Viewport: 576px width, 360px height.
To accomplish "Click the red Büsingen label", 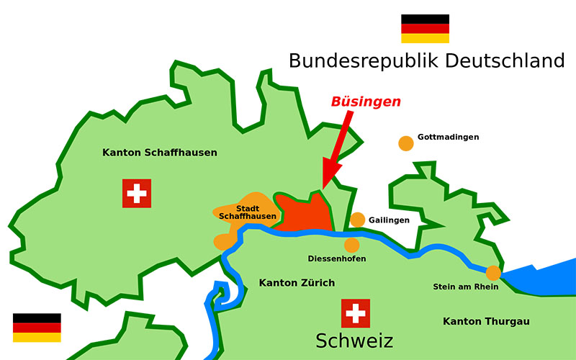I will pyautogui.click(x=366, y=102).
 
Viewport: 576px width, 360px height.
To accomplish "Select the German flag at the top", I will pyautogui.click(x=425, y=29).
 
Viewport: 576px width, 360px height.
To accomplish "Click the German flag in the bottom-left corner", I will pyautogui.click(x=37, y=328).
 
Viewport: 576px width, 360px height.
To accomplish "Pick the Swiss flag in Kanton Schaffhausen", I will pyautogui.click(x=136, y=193).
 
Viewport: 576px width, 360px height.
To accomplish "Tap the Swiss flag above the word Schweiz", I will pyautogui.click(x=355, y=313).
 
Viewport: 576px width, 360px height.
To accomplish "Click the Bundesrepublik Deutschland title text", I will pyautogui.click(x=426, y=60).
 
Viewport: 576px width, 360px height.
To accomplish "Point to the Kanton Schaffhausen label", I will pyautogui.click(x=160, y=153).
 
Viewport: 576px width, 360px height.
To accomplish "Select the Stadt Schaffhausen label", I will pyautogui.click(x=247, y=212).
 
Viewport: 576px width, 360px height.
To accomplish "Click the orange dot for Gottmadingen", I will pyautogui.click(x=406, y=143).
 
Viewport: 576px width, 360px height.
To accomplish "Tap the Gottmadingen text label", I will pyautogui.click(x=448, y=137).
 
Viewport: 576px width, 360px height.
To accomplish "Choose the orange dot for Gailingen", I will pyautogui.click(x=357, y=220).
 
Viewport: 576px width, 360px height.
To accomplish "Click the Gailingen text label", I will pyautogui.click(x=389, y=220).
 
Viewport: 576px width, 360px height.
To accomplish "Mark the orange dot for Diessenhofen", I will pyautogui.click(x=351, y=245).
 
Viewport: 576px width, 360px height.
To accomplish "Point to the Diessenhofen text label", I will pyautogui.click(x=336, y=258).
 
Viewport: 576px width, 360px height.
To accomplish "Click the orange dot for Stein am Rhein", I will pyautogui.click(x=493, y=273).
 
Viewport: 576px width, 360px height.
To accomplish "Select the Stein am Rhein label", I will pyautogui.click(x=465, y=287).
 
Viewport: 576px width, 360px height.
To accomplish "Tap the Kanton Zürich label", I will pyautogui.click(x=297, y=283).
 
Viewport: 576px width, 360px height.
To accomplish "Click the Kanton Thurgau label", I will pyautogui.click(x=486, y=321).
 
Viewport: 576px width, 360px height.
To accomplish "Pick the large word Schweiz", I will pyautogui.click(x=354, y=341).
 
